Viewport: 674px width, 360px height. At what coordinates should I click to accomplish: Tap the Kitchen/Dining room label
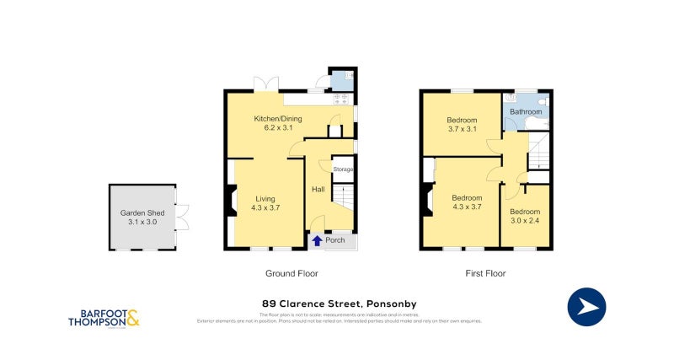click(277, 123)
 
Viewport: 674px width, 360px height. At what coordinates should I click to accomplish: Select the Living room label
click(265, 201)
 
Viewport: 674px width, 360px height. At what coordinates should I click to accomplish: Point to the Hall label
click(318, 189)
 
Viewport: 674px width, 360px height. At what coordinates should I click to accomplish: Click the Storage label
click(343, 169)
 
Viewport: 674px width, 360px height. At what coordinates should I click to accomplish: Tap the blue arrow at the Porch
click(317, 240)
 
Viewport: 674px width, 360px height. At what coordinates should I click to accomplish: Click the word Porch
click(335, 240)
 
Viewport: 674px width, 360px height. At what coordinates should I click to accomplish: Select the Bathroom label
click(526, 111)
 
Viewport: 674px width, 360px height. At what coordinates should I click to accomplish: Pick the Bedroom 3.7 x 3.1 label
click(462, 125)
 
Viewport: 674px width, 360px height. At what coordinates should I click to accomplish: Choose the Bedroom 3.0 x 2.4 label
click(524, 217)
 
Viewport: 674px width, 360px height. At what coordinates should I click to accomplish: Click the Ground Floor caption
click(292, 273)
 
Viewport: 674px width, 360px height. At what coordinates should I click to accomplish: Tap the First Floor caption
click(485, 273)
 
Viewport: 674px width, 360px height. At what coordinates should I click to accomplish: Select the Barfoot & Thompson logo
click(104, 318)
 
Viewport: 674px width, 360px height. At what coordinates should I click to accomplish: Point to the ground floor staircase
click(343, 199)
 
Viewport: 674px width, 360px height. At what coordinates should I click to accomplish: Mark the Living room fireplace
click(229, 201)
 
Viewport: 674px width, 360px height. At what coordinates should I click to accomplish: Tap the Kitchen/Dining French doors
click(266, 84)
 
